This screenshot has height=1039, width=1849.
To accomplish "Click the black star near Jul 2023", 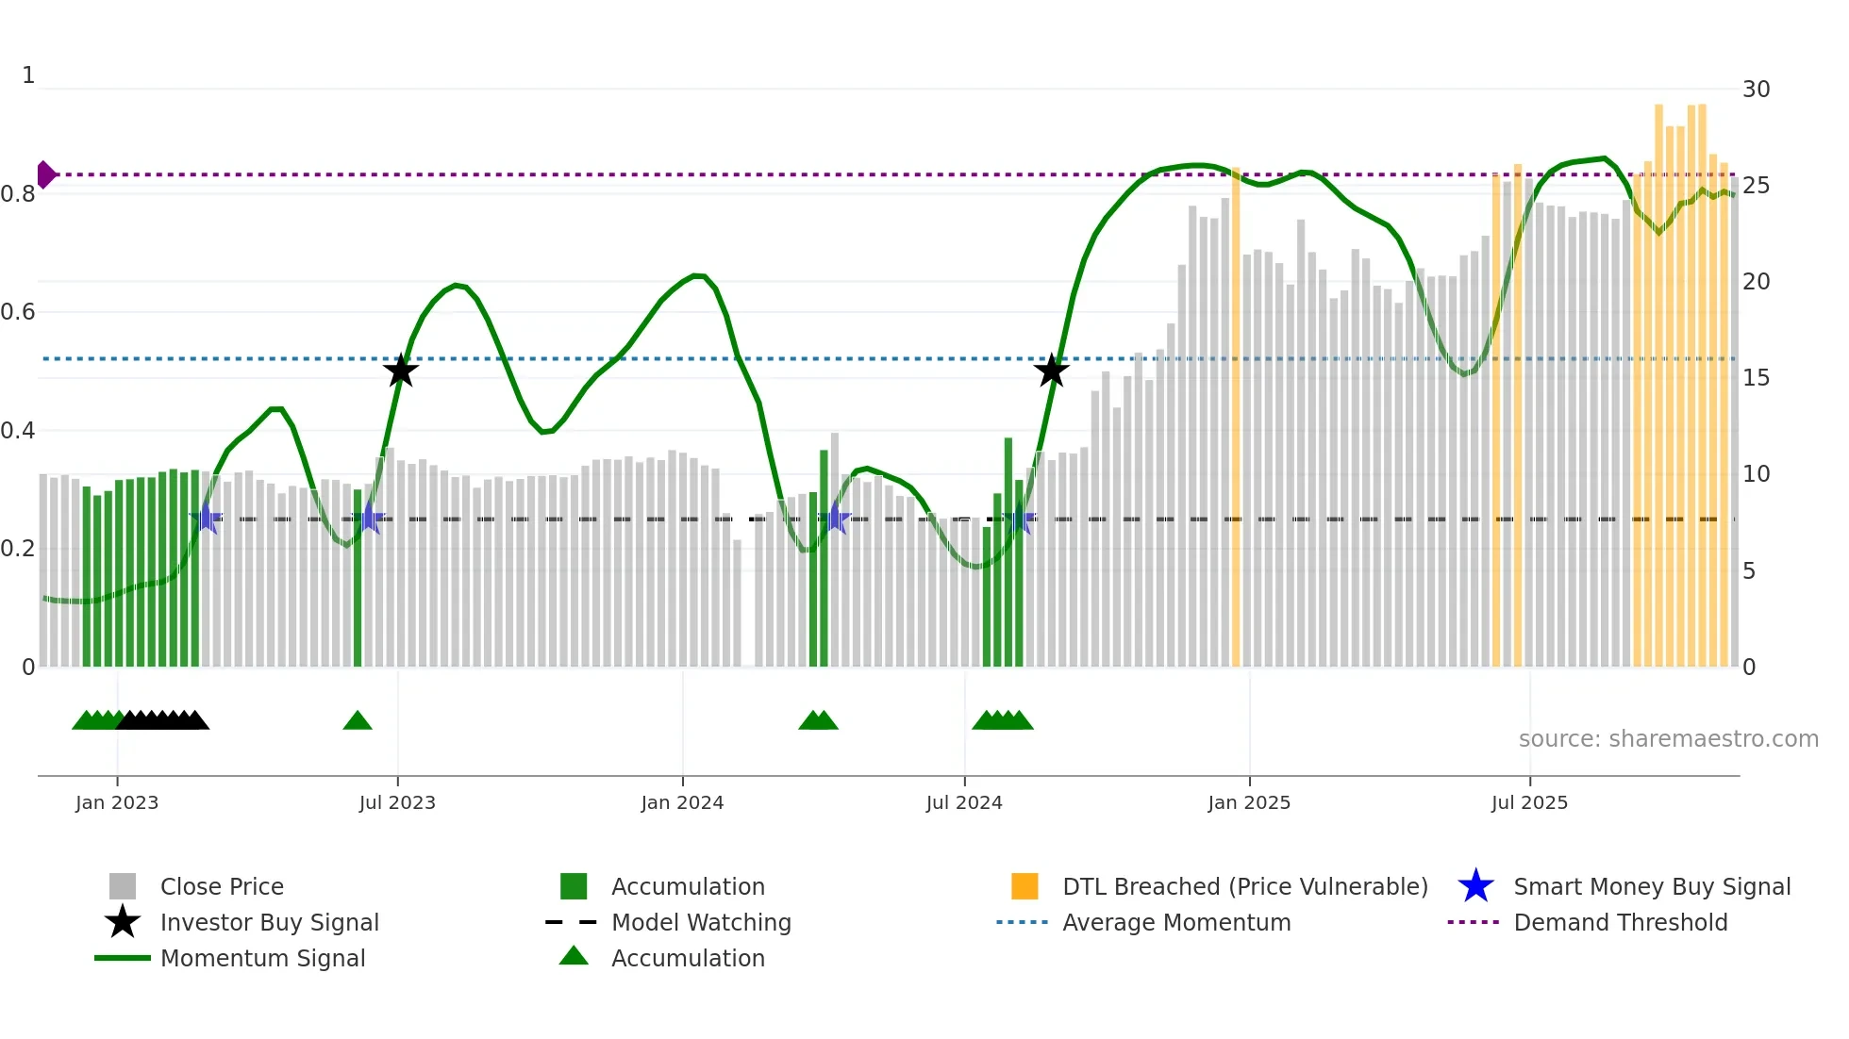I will pos(401,371).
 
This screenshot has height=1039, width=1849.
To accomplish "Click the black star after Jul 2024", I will pos(1051,371).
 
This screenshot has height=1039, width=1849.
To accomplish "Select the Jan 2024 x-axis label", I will pos(682,802).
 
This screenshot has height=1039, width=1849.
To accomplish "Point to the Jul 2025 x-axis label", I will pos(1529,802).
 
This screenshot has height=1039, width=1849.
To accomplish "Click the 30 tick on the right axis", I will pos(1756,90).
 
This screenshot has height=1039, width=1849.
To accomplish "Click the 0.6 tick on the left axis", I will pos(19,312).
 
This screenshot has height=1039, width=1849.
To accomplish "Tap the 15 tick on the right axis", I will pos(1756,378).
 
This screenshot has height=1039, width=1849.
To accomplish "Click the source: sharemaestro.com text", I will pos(1668,739).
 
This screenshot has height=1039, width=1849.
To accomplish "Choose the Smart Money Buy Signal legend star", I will pos(1475,886).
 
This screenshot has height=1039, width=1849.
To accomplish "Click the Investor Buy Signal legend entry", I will pos(269,922).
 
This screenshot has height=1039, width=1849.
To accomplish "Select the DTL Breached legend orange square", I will pos(1024,886).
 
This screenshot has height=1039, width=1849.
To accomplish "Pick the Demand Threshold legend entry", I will pos(1620,922).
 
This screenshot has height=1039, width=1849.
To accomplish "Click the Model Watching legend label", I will pos(701,922).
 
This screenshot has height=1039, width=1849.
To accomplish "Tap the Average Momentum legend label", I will pos(1176,922).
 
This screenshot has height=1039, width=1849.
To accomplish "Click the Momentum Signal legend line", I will pos(123,958).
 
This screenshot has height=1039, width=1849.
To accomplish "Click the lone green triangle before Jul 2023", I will pos(357,721).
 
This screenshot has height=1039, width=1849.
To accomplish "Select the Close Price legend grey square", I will pos(123,886).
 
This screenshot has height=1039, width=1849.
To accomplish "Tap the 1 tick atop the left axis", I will pos(28,75).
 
